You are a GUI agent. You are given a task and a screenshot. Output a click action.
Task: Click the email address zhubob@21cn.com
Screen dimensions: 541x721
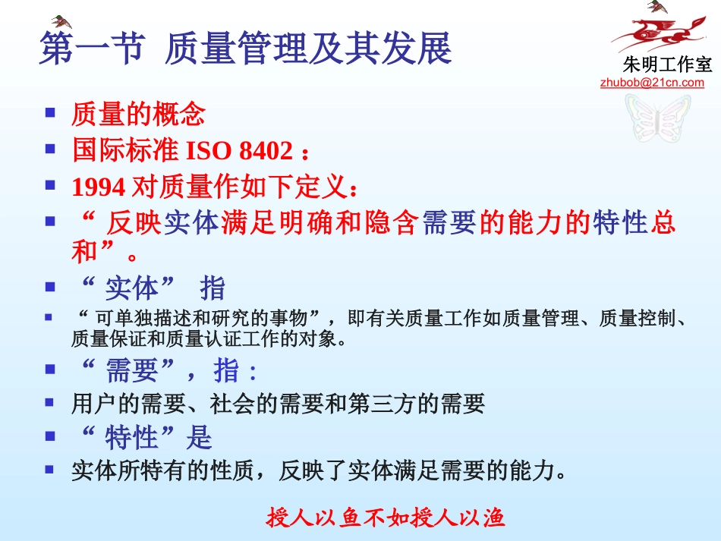click(x=652, y=83)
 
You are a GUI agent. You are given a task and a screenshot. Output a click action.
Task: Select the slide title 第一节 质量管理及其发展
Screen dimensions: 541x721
click(x=245, y=48)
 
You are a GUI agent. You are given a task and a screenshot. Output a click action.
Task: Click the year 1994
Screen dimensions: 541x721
click(x=99, y=186)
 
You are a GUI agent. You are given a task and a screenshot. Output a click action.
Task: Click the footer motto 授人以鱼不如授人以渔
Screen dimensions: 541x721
click(x=386, y=518)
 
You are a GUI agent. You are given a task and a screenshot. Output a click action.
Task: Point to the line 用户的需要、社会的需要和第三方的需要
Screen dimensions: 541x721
click(x=278, y=404)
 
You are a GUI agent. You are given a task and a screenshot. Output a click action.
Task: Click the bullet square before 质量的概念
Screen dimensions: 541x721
click(x=50, y=114)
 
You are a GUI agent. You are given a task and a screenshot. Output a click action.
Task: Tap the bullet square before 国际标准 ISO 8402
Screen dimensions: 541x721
click(x=50, y=149)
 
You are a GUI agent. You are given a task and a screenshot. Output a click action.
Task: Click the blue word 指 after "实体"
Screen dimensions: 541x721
click(x=213, y=289)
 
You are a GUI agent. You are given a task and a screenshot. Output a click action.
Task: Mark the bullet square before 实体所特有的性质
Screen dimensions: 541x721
click(x=50, y=469)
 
